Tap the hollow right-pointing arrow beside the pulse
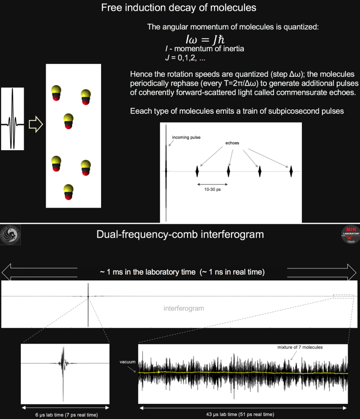pos(36,124)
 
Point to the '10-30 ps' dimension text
pos(213,190)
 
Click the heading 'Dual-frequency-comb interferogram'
pos(180,235)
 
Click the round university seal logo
pos(10,235)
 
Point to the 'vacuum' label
pos(127,362)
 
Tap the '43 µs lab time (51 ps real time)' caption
pos(243,414)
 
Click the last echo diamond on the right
pos(291,171)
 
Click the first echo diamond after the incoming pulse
pos(198,171)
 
